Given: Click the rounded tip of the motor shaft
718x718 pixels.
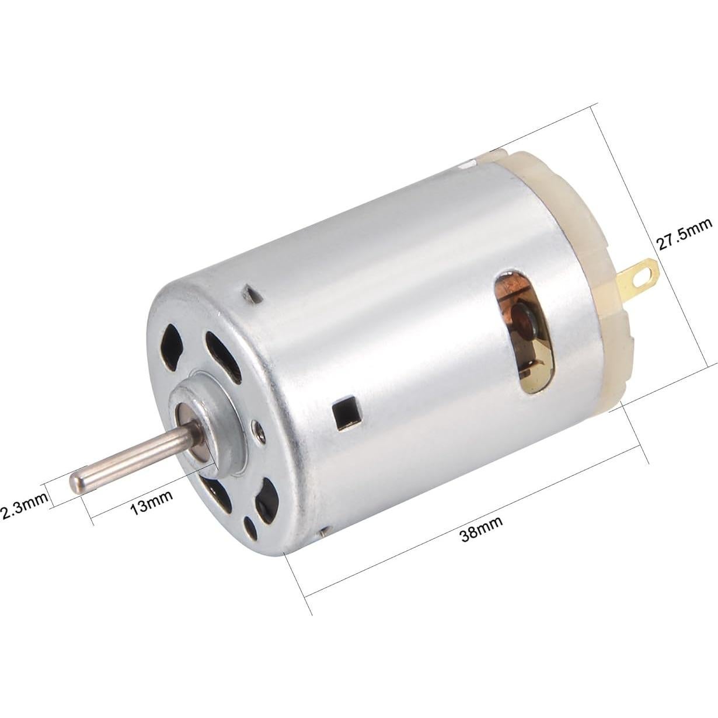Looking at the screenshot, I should click(76, 482).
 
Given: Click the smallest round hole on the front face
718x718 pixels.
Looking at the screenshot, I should click(252, 527).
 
